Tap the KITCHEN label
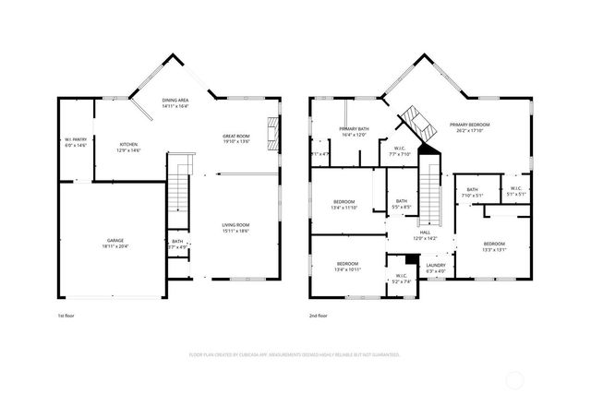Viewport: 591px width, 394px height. pyautogui.click(x=128, y=145)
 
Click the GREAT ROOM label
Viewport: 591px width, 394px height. pyautogui.click(x=236, y=137)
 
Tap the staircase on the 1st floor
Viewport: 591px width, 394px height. pyautogui.click(x=178, y=193)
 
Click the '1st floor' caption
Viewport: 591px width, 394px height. pyautogui.click(x=65, y=315)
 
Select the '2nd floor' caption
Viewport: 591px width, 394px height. pyautogui.click(x=319, y=315)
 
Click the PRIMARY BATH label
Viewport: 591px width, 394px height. pyautogui.click(x=355, y=129)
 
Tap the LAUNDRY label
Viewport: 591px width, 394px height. pyautogui.click(x=435, y=266)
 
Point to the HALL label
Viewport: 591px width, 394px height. pyautogui.click(x=425, y=233)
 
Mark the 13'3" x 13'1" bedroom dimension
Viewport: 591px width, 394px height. pyautogui.click(x=494, y=249)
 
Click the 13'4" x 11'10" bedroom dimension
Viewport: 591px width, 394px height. pyautogui.click(x=344, y=208)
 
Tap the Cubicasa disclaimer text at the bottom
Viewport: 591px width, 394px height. pyautogui.click(x=295, y=354)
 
